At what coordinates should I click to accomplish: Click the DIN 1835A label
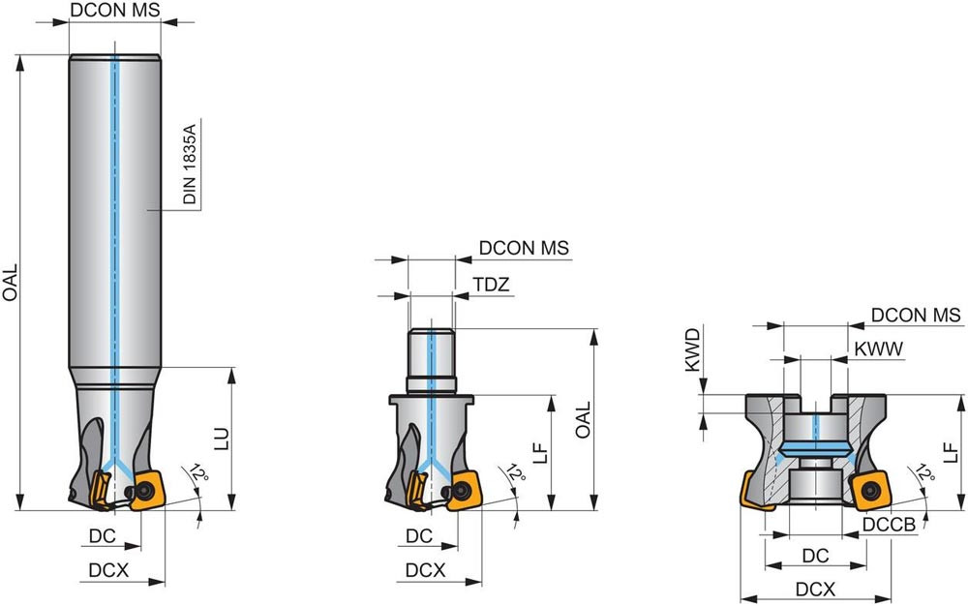190,165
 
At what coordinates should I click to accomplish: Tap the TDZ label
492,285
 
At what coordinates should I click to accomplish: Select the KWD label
693,349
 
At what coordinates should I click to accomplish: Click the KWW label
879,348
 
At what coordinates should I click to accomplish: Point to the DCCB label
889,525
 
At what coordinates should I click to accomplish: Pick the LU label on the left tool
222,439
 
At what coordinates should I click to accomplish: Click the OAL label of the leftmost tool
11,283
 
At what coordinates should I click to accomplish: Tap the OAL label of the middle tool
583,419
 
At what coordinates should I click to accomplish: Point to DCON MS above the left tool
115,10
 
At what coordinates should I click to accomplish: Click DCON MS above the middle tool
524,248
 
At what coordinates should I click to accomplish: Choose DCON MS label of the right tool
916,315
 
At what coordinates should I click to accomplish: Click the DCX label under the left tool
108,570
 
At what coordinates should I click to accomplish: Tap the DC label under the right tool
815,556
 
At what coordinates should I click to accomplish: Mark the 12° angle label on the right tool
924,473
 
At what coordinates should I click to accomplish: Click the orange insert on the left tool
146,491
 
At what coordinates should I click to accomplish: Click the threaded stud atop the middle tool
431,362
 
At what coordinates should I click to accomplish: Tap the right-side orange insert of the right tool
871,491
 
